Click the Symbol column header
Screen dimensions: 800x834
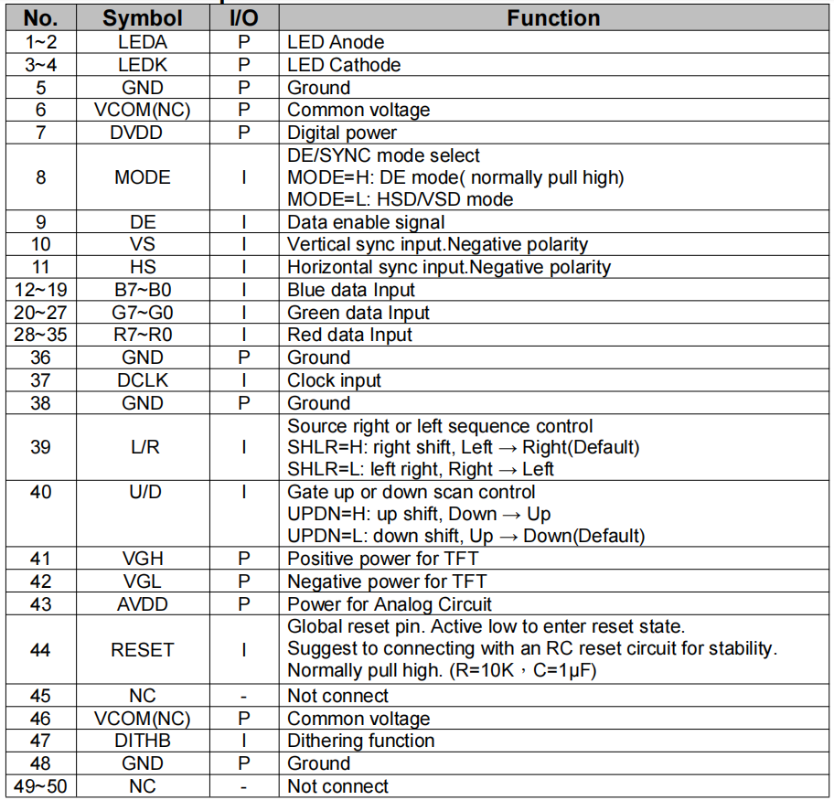pos(142,18)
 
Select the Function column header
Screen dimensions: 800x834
pos(553,18)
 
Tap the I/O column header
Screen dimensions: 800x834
pos(243,18)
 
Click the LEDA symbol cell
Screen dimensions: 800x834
pos(142,42)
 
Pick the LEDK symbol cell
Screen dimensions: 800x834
pos(142,65)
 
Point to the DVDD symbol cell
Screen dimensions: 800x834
pos(142,133)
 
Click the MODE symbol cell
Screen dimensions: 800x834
pos(142,177)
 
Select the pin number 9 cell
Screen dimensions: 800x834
pos(40,222)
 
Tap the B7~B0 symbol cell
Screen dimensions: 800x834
pos(142,290)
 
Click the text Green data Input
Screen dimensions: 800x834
pos(358,313)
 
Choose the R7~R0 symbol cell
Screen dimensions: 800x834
pos(142,335)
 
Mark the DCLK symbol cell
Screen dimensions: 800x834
pos(142,380)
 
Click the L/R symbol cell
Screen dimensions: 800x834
pos(142,447)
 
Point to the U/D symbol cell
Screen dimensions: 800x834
pos(142,492)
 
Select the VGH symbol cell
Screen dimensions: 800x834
pos(142,559)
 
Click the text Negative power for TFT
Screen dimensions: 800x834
pos(387,581)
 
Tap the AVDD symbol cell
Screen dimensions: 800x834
pos(142,604)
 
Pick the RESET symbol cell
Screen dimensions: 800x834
pos(142,650)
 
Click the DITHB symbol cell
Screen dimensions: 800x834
pos(142,741)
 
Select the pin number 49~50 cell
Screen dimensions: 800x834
pos(40,786)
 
